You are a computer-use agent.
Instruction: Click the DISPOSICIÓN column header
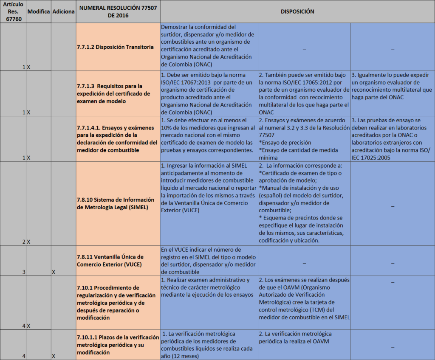coord(297,11)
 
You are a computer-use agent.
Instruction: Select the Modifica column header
coord(38,11)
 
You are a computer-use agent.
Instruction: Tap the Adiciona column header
coord(63,11)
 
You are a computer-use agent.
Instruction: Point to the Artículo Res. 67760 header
coord(13,11)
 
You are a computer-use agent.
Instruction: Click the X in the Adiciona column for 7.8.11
coord(54,272)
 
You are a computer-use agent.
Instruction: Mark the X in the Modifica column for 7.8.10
coord(29,242)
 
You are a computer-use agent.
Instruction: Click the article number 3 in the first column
coord(24,272)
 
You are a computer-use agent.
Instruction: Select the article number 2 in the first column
coord(24,242)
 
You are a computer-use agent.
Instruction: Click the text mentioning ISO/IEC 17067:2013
coord(209,93)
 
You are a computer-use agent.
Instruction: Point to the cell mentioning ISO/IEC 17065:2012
coord(304,93)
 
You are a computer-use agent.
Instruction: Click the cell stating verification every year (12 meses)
coord(209,345)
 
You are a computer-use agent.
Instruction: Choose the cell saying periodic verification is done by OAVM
coord(304,337)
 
